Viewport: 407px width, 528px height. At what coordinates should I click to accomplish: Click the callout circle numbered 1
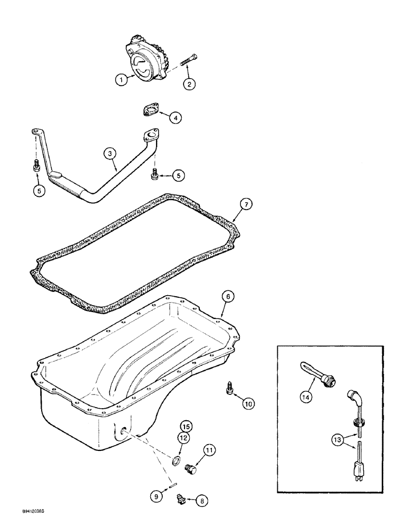[121, 80]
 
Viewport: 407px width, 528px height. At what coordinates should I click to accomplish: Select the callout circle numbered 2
[189, 83]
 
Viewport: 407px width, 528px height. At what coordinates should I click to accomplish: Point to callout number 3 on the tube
[109, 154]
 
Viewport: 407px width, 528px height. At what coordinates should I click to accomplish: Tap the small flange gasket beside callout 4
[149, 111]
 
